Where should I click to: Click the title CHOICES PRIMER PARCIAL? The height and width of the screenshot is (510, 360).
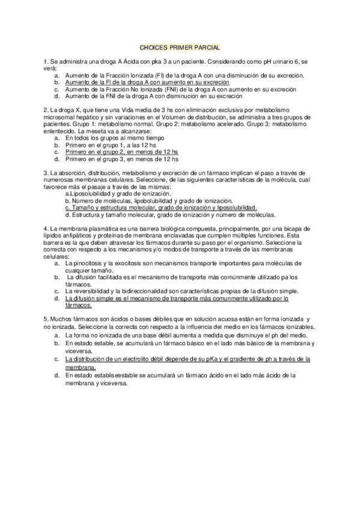[180, 46]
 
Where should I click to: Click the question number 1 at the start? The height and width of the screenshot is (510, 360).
[45, 62]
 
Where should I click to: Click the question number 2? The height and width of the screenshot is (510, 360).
[45, 111]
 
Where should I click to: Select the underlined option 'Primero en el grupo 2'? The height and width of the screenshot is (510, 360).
[122, 152]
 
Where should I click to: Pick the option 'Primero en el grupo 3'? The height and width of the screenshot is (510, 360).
[122, 159]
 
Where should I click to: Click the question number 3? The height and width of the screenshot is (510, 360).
[45, 173]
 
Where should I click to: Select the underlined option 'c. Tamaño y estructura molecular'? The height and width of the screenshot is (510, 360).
[160, 207]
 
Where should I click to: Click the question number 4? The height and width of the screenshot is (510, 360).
[45, 229]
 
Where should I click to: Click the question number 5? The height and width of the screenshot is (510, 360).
[45, 318]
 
